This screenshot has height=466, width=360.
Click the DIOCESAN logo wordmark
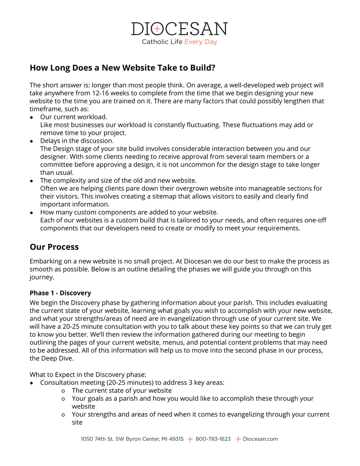click(x=179, y=29)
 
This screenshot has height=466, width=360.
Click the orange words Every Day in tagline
click(x=201, y=42)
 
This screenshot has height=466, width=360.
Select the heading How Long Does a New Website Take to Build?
click(x=122, y=68)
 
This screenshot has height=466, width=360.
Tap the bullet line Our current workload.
click(x=74, y=117)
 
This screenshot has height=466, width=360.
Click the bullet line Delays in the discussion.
click(x=77, y=141)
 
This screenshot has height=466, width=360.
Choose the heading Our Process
click(x=54, y=247)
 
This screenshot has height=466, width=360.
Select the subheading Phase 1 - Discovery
click(x=60, y=293)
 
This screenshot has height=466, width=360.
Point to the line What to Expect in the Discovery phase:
click(x=88, y=375)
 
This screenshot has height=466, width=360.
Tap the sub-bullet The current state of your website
click(x=122, y=391)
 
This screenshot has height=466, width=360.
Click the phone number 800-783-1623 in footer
click(x=213, y=439)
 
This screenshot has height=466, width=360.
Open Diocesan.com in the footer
click(x=260, y=439)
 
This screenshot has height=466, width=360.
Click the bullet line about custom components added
click(x=129, y=212)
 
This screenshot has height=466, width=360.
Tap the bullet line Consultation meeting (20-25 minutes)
click(x=132, y=383)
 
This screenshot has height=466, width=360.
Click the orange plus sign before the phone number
click(x=190, y=439)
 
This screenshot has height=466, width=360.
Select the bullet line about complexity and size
click(x=118, y=181)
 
